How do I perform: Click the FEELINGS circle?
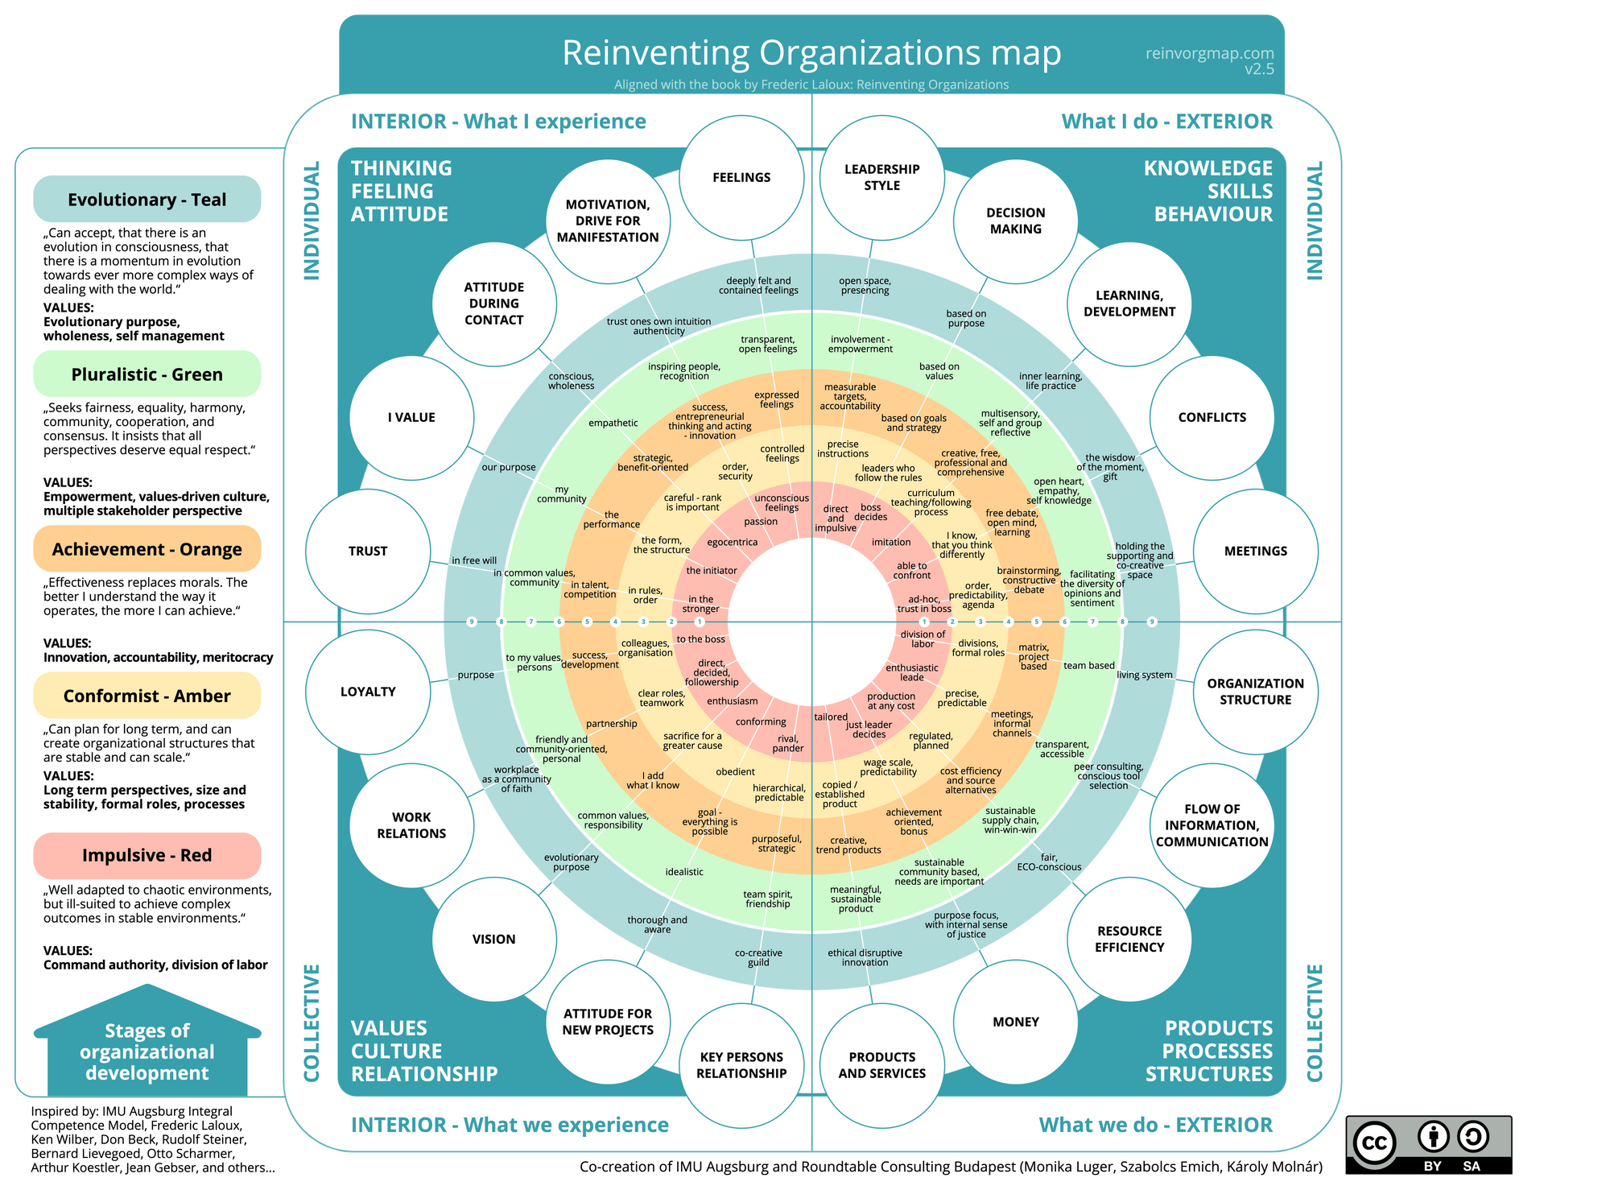pyautogui.click(x=741, y=178)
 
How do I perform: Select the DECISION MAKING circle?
pyautogui.click(x=1015, y=221)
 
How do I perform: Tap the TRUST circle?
pyautogui.click(x=368, y=552)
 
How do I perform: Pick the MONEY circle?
pyautogui.click(x=1015, y=1022)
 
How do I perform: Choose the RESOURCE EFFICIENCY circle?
pyautogui.click(x=1129, y=939)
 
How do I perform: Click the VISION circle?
pyautogui.click(x=493, y=939)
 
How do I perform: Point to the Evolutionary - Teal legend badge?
pyautogui.click(x=147, y=200)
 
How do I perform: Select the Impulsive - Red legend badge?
pyautogui.click(x=147, y=855)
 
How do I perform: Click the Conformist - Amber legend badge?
pyautogui.click(x=147, y=696)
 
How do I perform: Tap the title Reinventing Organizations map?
pyautogui.click(x=811, y=53)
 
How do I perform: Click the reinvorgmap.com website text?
pyautogui.click(x=1209, y=53)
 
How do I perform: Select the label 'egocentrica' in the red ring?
pyautogui.click(x=733, y=543)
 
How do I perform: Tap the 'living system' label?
pyautogui.click(x=1144, y=675)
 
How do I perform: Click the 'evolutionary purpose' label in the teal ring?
pyautogui.click(x=572, y=862)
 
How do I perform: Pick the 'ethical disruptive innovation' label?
pyautogui.click(x=865, y=957)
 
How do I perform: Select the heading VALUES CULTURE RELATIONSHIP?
pyautogui.click(x=423, y=1051)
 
